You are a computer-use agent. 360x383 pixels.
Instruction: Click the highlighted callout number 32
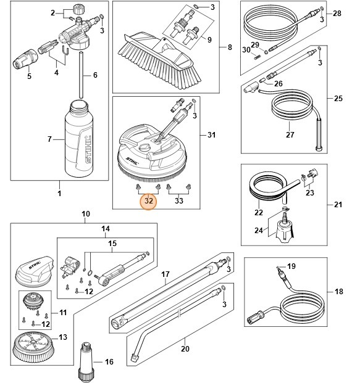click(148, 200)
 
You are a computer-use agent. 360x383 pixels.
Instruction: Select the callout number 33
click(180, 200)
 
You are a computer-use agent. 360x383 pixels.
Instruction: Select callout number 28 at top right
click(337, 13)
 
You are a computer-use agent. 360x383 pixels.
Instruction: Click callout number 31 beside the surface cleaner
click(212, 134)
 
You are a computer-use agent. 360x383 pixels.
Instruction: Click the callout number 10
click(86, 214)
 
